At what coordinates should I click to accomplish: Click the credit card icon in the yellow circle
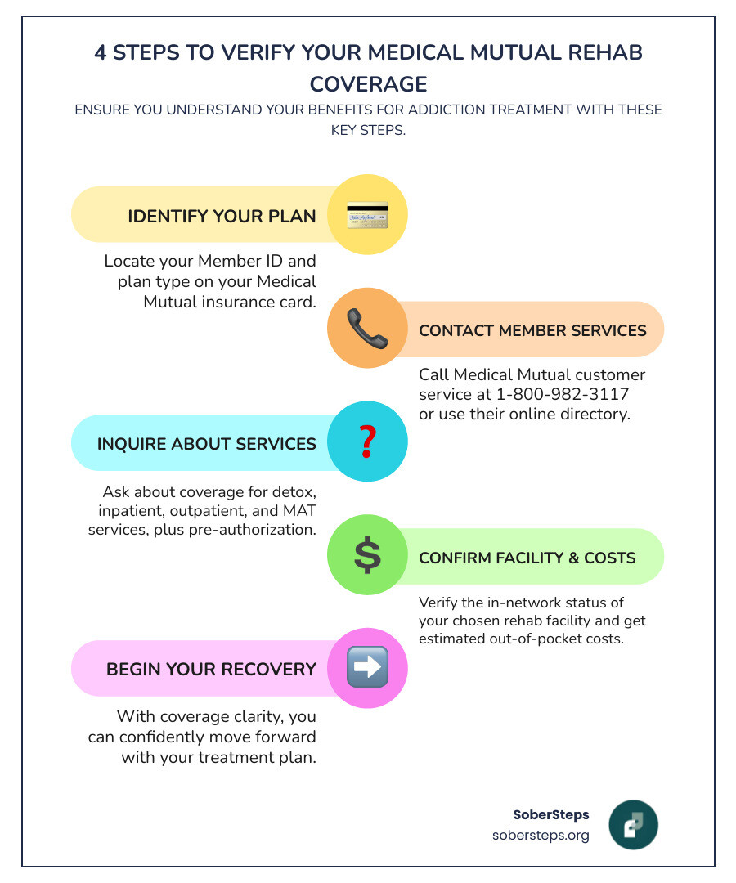point(367,216)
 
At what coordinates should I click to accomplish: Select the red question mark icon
point(367,442)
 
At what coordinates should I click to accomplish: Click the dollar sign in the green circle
point(367,556)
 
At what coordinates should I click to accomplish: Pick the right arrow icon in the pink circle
point(367,668)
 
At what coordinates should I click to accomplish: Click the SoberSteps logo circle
point(633,824)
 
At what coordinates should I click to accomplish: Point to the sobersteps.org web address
point(541,836)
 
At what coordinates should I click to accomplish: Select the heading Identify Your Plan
point(222,216)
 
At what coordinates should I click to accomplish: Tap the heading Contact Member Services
point(532,330)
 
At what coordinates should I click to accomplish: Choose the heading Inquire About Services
point(206,443)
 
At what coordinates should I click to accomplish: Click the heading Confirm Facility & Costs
point(527,558)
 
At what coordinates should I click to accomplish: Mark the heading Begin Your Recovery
point(211,669)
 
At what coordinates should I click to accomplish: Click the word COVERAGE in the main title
point(368,84)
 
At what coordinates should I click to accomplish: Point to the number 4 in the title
point(100,53)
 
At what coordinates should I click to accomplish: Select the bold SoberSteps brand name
point(550,814)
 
